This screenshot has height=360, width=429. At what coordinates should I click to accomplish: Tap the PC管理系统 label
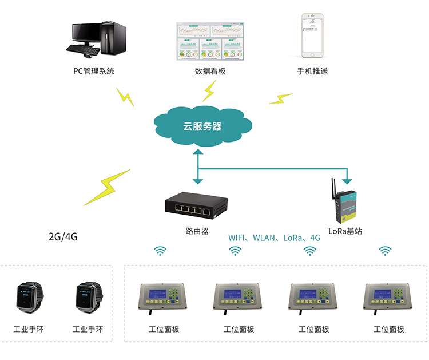point(94,72)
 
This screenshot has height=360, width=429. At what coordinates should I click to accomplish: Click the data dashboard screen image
point(210,41)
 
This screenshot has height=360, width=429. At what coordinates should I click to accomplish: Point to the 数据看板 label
point(210,72)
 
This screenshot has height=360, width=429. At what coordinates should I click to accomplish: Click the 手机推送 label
point(312,72)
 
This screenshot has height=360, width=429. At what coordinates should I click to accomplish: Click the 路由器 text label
point(197,231)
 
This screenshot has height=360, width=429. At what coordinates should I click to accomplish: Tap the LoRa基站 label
point(345,231)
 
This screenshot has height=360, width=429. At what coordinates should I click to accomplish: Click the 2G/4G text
point(63,236)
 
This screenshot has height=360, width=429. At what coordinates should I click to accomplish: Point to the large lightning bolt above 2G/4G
point(107,187)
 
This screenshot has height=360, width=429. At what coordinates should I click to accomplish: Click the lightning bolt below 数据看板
point(210,90)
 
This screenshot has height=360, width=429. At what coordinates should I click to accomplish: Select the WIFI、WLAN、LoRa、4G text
point(274,238)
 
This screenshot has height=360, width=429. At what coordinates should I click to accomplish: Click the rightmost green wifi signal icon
point(386,251)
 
